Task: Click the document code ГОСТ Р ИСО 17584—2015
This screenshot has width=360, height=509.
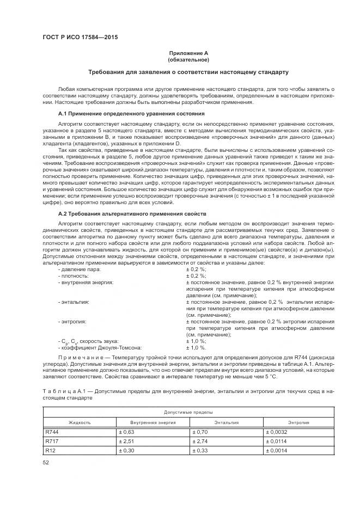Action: coord(80,38)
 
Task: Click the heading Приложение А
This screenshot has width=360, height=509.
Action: coord(188,53)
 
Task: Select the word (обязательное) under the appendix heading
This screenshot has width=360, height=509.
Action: coord(188,59)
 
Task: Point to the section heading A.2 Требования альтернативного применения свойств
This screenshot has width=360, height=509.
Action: coord(132,214)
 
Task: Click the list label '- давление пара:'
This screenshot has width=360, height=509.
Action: coord(80,269)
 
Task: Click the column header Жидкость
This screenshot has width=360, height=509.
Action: coord(80,422)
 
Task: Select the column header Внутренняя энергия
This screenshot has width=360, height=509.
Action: coord(153,422)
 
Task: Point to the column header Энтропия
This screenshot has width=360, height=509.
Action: coord(298,422)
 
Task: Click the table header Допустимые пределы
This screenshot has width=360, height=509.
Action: coord(189,412)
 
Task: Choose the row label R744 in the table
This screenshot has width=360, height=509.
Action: coord(52,432)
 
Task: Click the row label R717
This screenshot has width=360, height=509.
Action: coord(52,441)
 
